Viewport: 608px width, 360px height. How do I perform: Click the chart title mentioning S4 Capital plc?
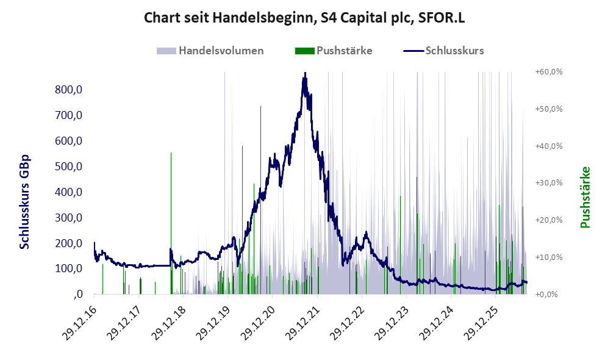pyautogui.click(x=304, y=18)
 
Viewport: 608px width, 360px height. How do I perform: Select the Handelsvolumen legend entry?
pyautogui.click(x=210, y=51)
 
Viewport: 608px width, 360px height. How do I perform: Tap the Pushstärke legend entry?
pyautogui.click(x=334, y=51)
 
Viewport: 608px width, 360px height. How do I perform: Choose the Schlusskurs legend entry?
pyautogui.click(x=443, y=51)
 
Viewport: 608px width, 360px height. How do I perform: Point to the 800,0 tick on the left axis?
pyautogui.click(x=69, y=90)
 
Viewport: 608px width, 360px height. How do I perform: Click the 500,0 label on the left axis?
pyautogui.click(x=69, y=167)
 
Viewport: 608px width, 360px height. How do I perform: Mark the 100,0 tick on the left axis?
pyautogui.click(x=69, y=268)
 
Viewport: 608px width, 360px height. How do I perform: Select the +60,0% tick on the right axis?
pyautogui.click(x=549, y=72)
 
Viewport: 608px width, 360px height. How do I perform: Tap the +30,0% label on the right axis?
pyautogui.click(x=549, y=182)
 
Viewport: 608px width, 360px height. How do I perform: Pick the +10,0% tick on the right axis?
pyautogui.click(x=549, y=257)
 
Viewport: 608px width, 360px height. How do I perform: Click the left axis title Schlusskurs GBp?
pyautogui.click(x=24, y=202)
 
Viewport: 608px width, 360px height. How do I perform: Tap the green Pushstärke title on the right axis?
pyautogui.click(x=585, y=198)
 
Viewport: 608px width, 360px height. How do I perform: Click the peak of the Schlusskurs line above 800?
pyautogui.click(x=305, y=73)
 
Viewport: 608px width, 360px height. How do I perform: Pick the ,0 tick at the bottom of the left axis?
pyautogui.click(x=78, y=294)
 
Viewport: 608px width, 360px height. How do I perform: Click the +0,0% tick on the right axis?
pyautogui.click(x=546, y=294)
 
